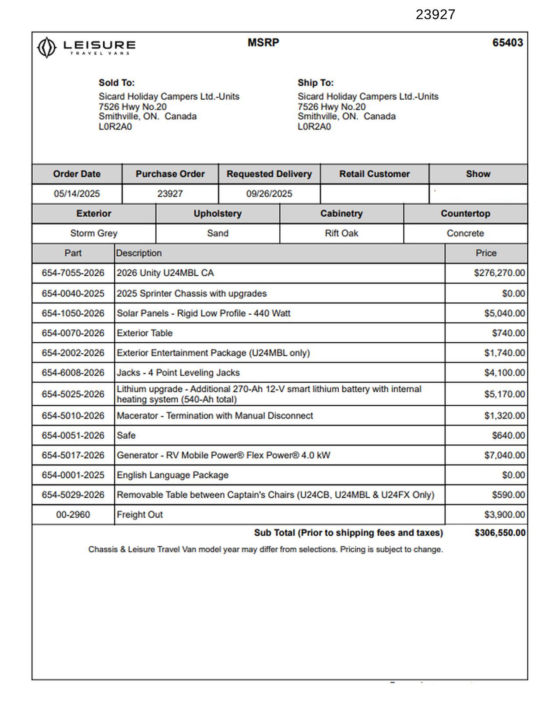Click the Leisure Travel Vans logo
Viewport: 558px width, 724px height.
86,47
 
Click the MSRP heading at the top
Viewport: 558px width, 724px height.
263,42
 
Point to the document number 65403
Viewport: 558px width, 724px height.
507,42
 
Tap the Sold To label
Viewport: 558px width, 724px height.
116,83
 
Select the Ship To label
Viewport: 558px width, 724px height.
316,83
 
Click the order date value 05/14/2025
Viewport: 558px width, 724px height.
77,193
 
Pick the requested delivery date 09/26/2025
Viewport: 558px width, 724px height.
269,193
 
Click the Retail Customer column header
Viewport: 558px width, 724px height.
374,174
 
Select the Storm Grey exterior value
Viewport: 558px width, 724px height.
94,233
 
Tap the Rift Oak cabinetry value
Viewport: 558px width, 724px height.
341,233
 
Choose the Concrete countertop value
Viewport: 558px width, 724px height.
465,233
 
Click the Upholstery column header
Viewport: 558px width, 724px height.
218,214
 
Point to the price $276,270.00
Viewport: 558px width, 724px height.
499,273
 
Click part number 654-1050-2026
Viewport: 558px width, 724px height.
73,313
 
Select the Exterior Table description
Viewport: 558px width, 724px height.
144,333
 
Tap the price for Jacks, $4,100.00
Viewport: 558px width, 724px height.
504,373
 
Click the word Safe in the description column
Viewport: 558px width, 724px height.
126,436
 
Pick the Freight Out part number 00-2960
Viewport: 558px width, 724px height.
73,515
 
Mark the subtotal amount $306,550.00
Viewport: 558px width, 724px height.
500,533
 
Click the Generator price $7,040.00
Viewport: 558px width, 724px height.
504,455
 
